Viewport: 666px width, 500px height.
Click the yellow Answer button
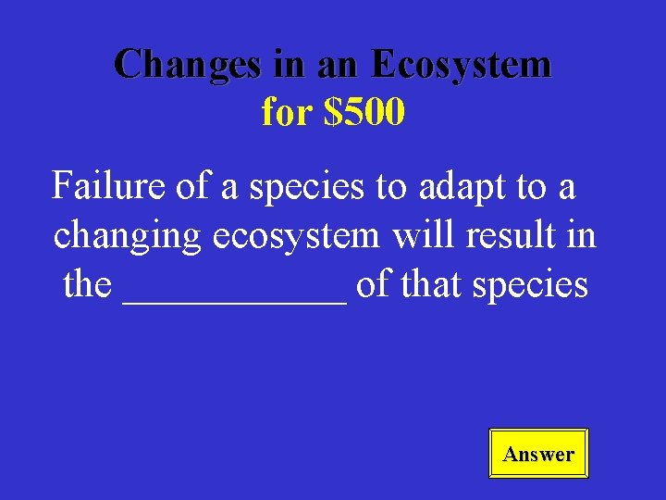pos(538,454)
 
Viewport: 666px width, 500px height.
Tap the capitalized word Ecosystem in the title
pos(460,65)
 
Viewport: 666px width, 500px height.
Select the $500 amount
pos(364,112)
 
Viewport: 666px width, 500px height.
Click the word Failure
pos(109,186)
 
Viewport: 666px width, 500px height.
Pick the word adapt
pos(458,186)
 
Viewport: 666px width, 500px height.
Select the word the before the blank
pos(87,285)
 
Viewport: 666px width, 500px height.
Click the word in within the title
pos(286,65)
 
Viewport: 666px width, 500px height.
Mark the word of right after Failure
pos(192,186)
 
